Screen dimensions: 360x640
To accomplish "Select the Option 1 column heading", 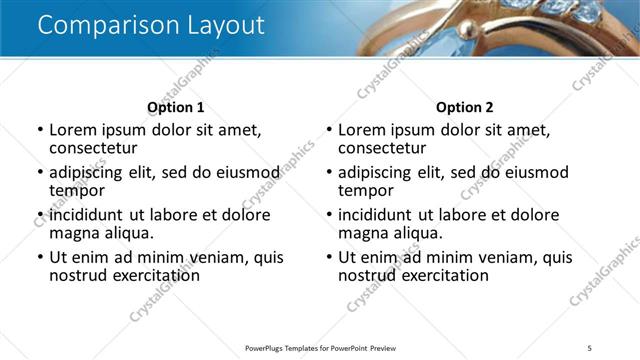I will (175, 107).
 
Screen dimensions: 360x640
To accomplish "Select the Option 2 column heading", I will (464, 107).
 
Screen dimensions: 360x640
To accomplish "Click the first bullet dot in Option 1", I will (40, 130).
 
